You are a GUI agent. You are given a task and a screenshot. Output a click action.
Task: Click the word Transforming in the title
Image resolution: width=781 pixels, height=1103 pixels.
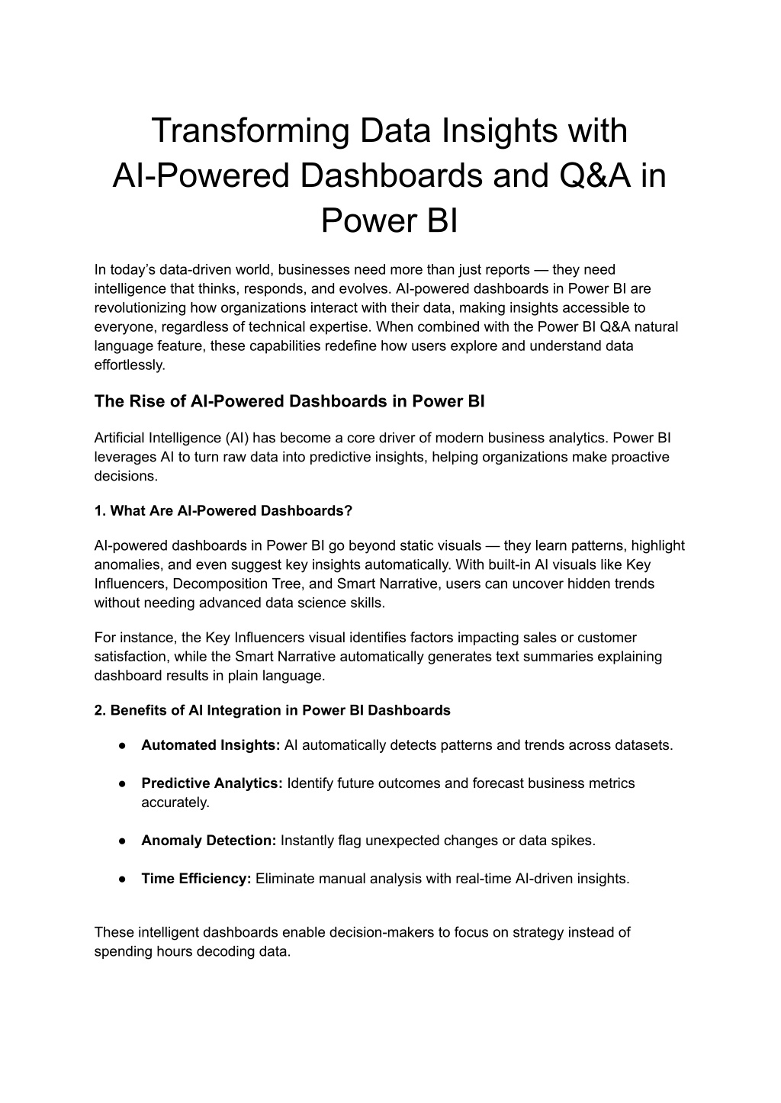coord(249,130)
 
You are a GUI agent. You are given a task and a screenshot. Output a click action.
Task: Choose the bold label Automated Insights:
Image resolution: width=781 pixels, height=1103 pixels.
coord(211,745)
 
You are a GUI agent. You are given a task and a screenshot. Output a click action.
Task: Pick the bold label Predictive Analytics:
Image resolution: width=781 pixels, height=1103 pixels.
coord(212,783)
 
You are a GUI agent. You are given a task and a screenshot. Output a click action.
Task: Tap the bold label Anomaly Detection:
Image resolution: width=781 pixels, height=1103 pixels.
coord(208,841)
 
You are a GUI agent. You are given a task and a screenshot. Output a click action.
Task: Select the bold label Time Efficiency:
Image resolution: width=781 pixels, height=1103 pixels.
coord(196,879)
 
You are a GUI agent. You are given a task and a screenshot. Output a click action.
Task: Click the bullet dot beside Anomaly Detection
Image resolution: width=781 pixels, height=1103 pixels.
coord(122,841)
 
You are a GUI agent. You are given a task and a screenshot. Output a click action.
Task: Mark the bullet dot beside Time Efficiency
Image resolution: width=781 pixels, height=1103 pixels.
coord(122,879)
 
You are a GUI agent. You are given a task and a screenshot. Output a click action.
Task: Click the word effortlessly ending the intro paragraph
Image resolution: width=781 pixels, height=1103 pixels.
coord(130,365)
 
